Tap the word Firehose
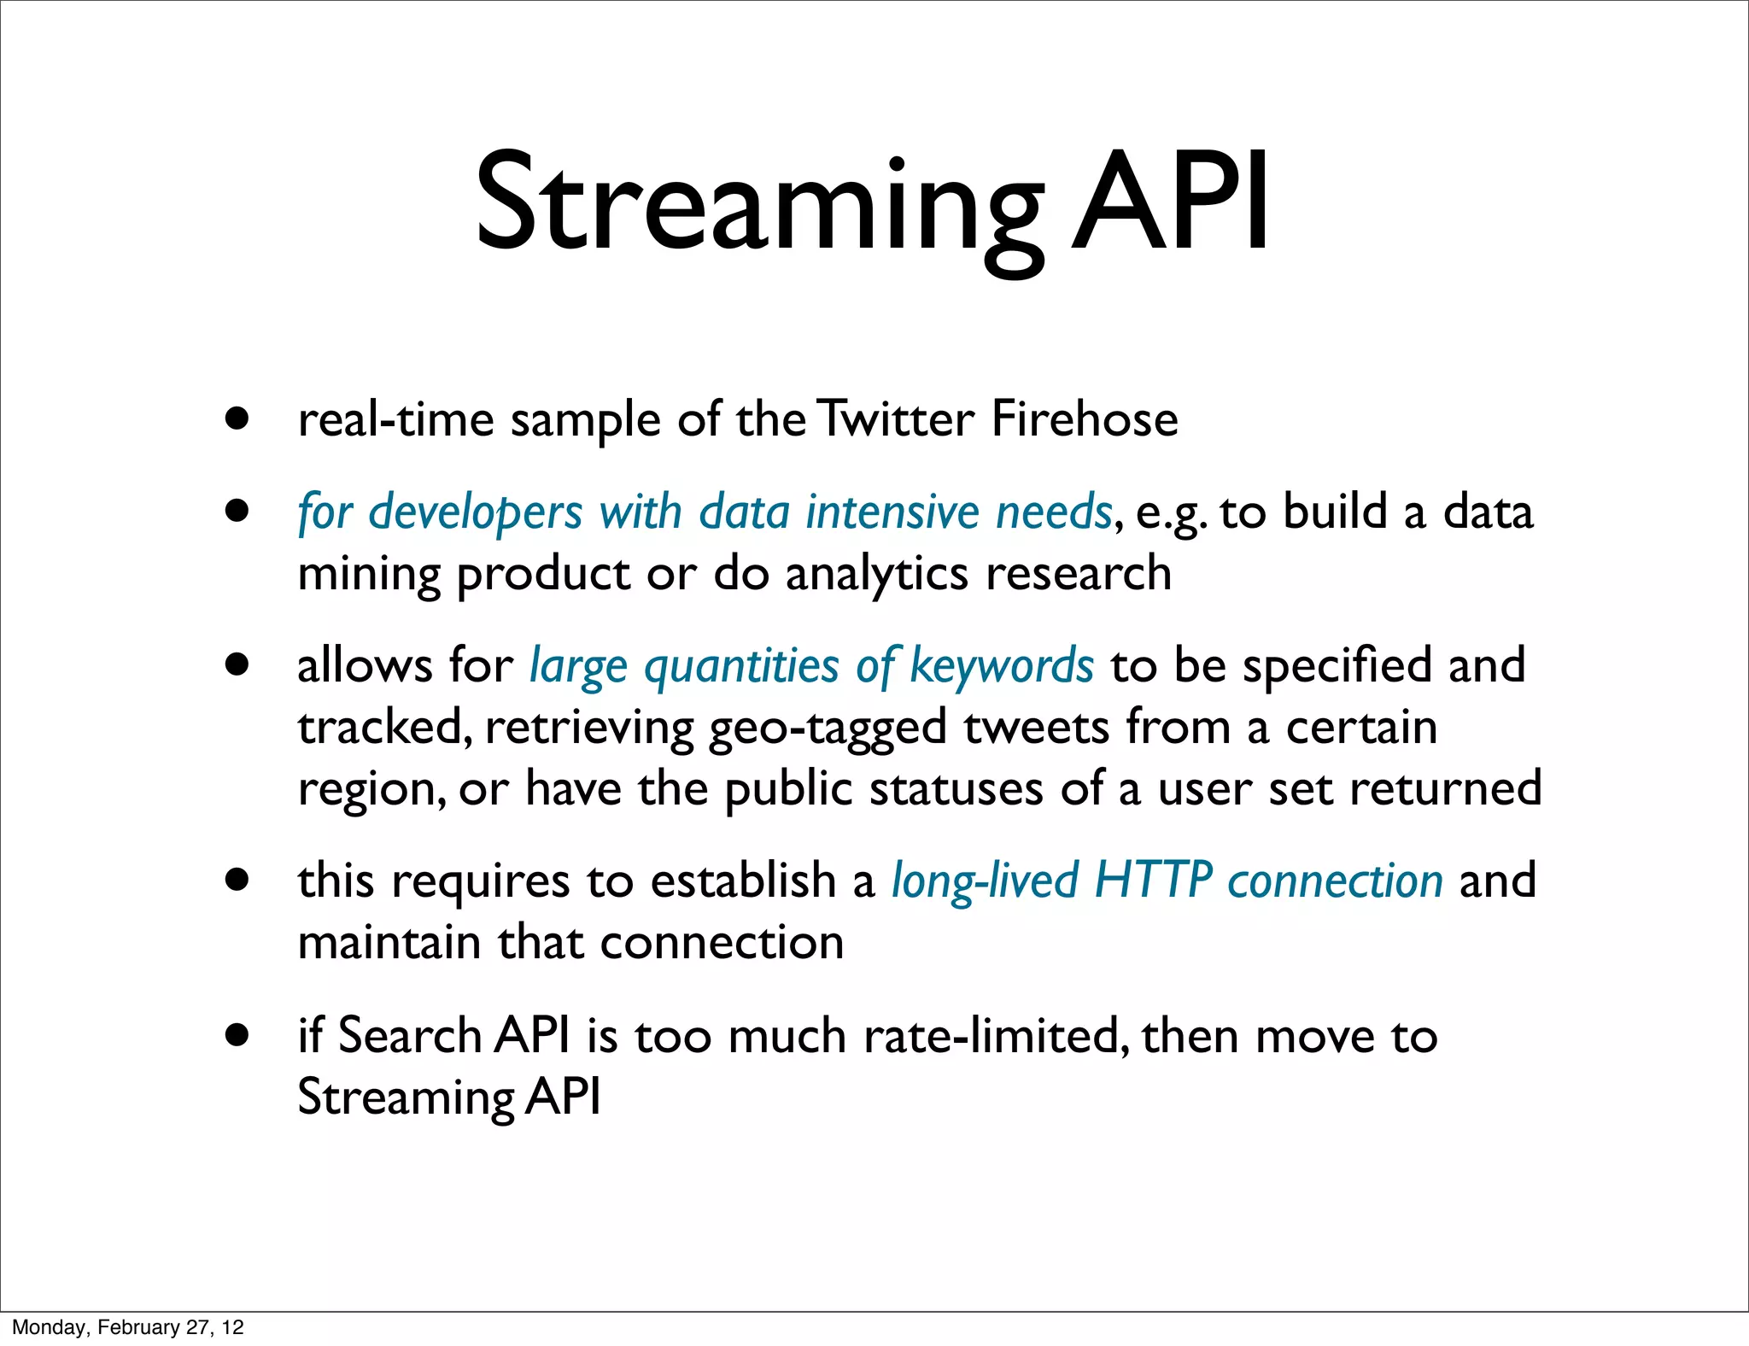tap(1085, 420)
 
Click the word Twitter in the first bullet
tap(893, 420)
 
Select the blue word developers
tap(475, 513)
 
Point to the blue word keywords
tap(1001, 667)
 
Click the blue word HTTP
tap(1153, 881)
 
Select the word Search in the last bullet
tap(411, 1036)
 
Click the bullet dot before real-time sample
tap(237, 419)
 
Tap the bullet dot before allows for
tap(237, 664)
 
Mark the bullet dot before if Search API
tap(237, 1035)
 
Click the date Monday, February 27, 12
tap(128, 1327)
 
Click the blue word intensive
tap(892, 512)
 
